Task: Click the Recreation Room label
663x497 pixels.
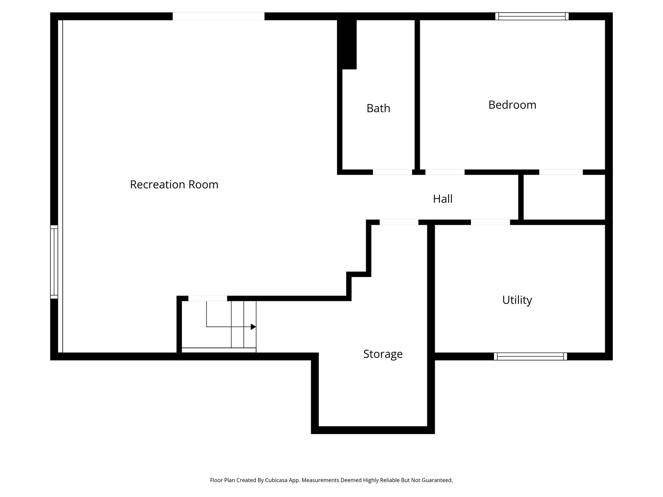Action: click(174, 184)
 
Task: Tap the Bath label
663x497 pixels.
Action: click(378, 108)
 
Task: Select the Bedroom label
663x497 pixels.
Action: click(512, 105)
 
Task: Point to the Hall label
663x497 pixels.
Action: click(443, 199)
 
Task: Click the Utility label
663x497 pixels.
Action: click(517, 300)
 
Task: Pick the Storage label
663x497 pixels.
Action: click(383, 354)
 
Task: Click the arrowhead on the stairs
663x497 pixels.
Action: click(253, 327)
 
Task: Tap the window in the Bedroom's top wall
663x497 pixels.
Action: click(532, 16)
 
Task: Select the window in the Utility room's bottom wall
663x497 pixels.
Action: click(530, 356)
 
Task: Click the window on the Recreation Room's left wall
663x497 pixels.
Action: click(54, 261)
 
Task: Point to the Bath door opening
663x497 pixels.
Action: click(392, 172)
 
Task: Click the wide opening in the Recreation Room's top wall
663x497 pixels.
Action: click(218, 16)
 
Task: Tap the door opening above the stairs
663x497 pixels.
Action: click(208, 298)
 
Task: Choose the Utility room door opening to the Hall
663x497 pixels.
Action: click(490, 222)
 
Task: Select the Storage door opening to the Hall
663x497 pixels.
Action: click(399, 222)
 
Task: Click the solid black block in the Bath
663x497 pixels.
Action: click(347, 44)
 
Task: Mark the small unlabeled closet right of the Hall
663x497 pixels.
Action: click(564, 197)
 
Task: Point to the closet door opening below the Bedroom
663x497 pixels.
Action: click(561, 172)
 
